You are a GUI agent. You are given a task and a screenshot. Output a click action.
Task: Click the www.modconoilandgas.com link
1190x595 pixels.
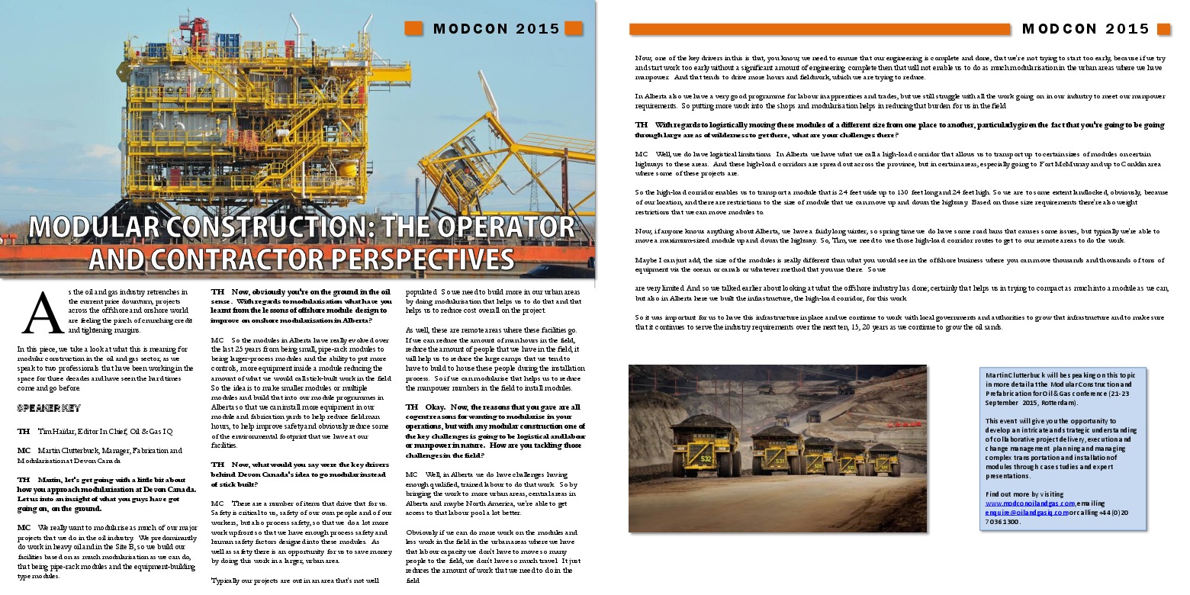coord(1030,503)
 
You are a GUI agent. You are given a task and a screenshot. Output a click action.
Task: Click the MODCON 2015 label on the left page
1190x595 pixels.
coord(497,29)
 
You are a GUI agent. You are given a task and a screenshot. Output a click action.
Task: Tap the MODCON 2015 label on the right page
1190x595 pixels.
coord(1085,29)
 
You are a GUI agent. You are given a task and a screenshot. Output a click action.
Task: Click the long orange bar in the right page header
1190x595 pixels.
coord(819,29)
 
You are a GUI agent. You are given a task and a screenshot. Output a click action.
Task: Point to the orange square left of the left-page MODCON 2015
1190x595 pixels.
coord(413,28)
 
